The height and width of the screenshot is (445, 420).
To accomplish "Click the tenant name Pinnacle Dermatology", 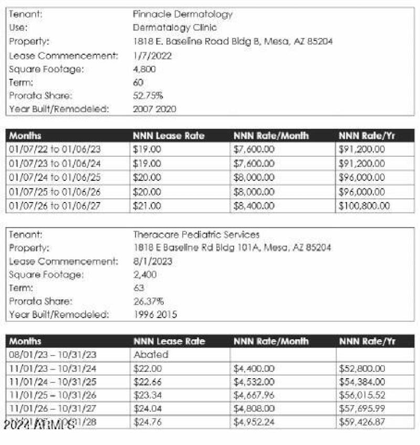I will pos(182,14).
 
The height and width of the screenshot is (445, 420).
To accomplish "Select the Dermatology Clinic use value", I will pos(174,27).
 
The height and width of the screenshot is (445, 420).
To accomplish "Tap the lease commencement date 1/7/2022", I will pos(152,55).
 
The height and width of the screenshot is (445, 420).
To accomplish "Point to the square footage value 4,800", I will pos(144,69).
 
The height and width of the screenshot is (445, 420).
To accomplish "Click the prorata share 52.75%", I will pos(148,96).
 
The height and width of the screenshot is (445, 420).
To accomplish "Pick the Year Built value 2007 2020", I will pos(154,109).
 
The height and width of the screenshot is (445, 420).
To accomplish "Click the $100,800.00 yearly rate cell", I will pos(364,206).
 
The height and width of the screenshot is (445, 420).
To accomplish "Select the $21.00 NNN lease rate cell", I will pos(148,206).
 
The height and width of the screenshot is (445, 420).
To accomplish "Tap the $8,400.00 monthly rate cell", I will pos(254,206).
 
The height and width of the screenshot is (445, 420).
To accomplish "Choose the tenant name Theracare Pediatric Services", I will pos(196,235).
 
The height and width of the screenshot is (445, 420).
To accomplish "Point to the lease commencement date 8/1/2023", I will pos(152,261).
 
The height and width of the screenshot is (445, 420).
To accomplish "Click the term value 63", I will pos(139,288).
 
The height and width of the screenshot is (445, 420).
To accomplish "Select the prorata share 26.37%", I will pos(149,301).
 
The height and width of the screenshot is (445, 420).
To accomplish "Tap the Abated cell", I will pos(151,355).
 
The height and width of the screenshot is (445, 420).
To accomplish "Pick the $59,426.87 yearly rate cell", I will pos(362,423).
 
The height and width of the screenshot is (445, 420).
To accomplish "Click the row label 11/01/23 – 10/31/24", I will pos(52,369).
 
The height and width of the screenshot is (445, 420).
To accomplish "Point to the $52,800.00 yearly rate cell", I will pos(362,369).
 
